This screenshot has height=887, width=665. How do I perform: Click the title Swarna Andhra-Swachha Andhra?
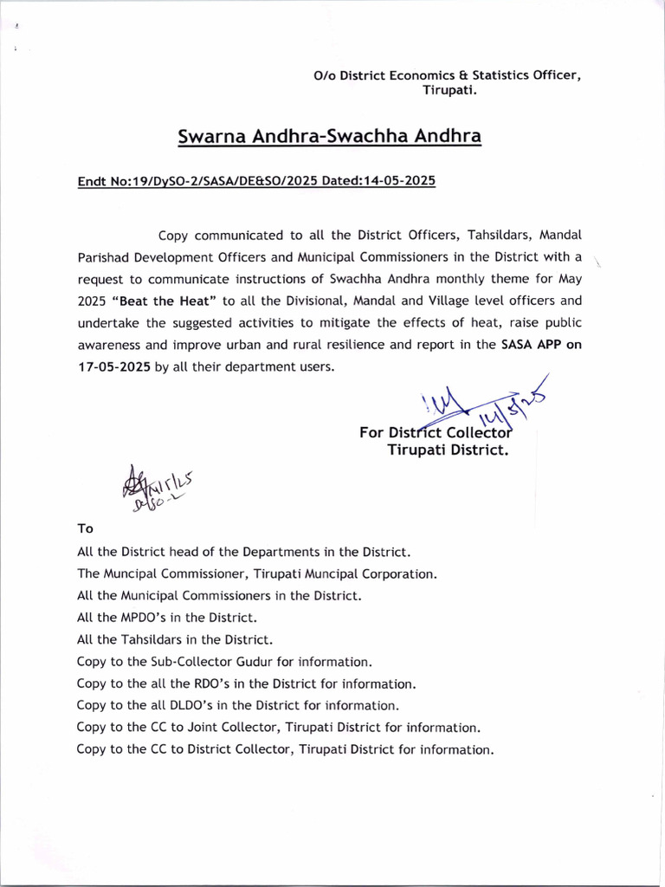tap(329, 137)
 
